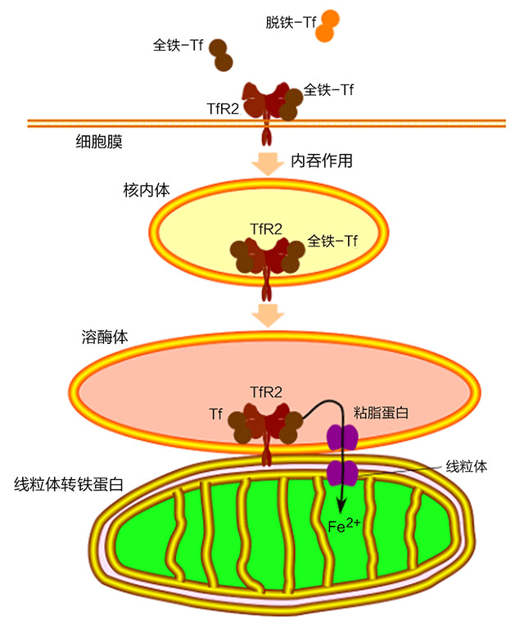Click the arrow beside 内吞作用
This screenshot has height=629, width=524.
[x=267, y=161]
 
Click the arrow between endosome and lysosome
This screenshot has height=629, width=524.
[x=267, y=314]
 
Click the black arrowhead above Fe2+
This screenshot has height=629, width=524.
[x=340, y=505]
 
